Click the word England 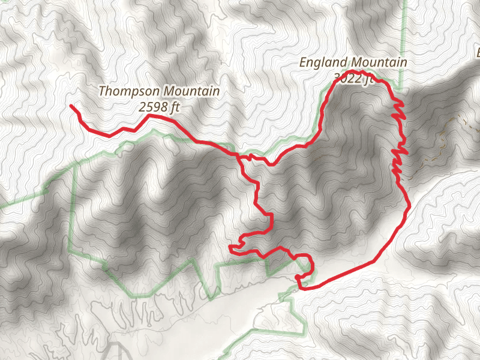[x=323, y=62]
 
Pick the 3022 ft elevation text [x=354, y=77]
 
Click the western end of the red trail [x=71, y=106]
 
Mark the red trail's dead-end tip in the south [x=231, y=247]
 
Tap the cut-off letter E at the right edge [x=478, y=53]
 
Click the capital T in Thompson [x=102, y=92]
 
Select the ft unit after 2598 [x=175, y=107]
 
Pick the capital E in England [x=304, y=62]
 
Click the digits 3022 [x=346, y=77]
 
